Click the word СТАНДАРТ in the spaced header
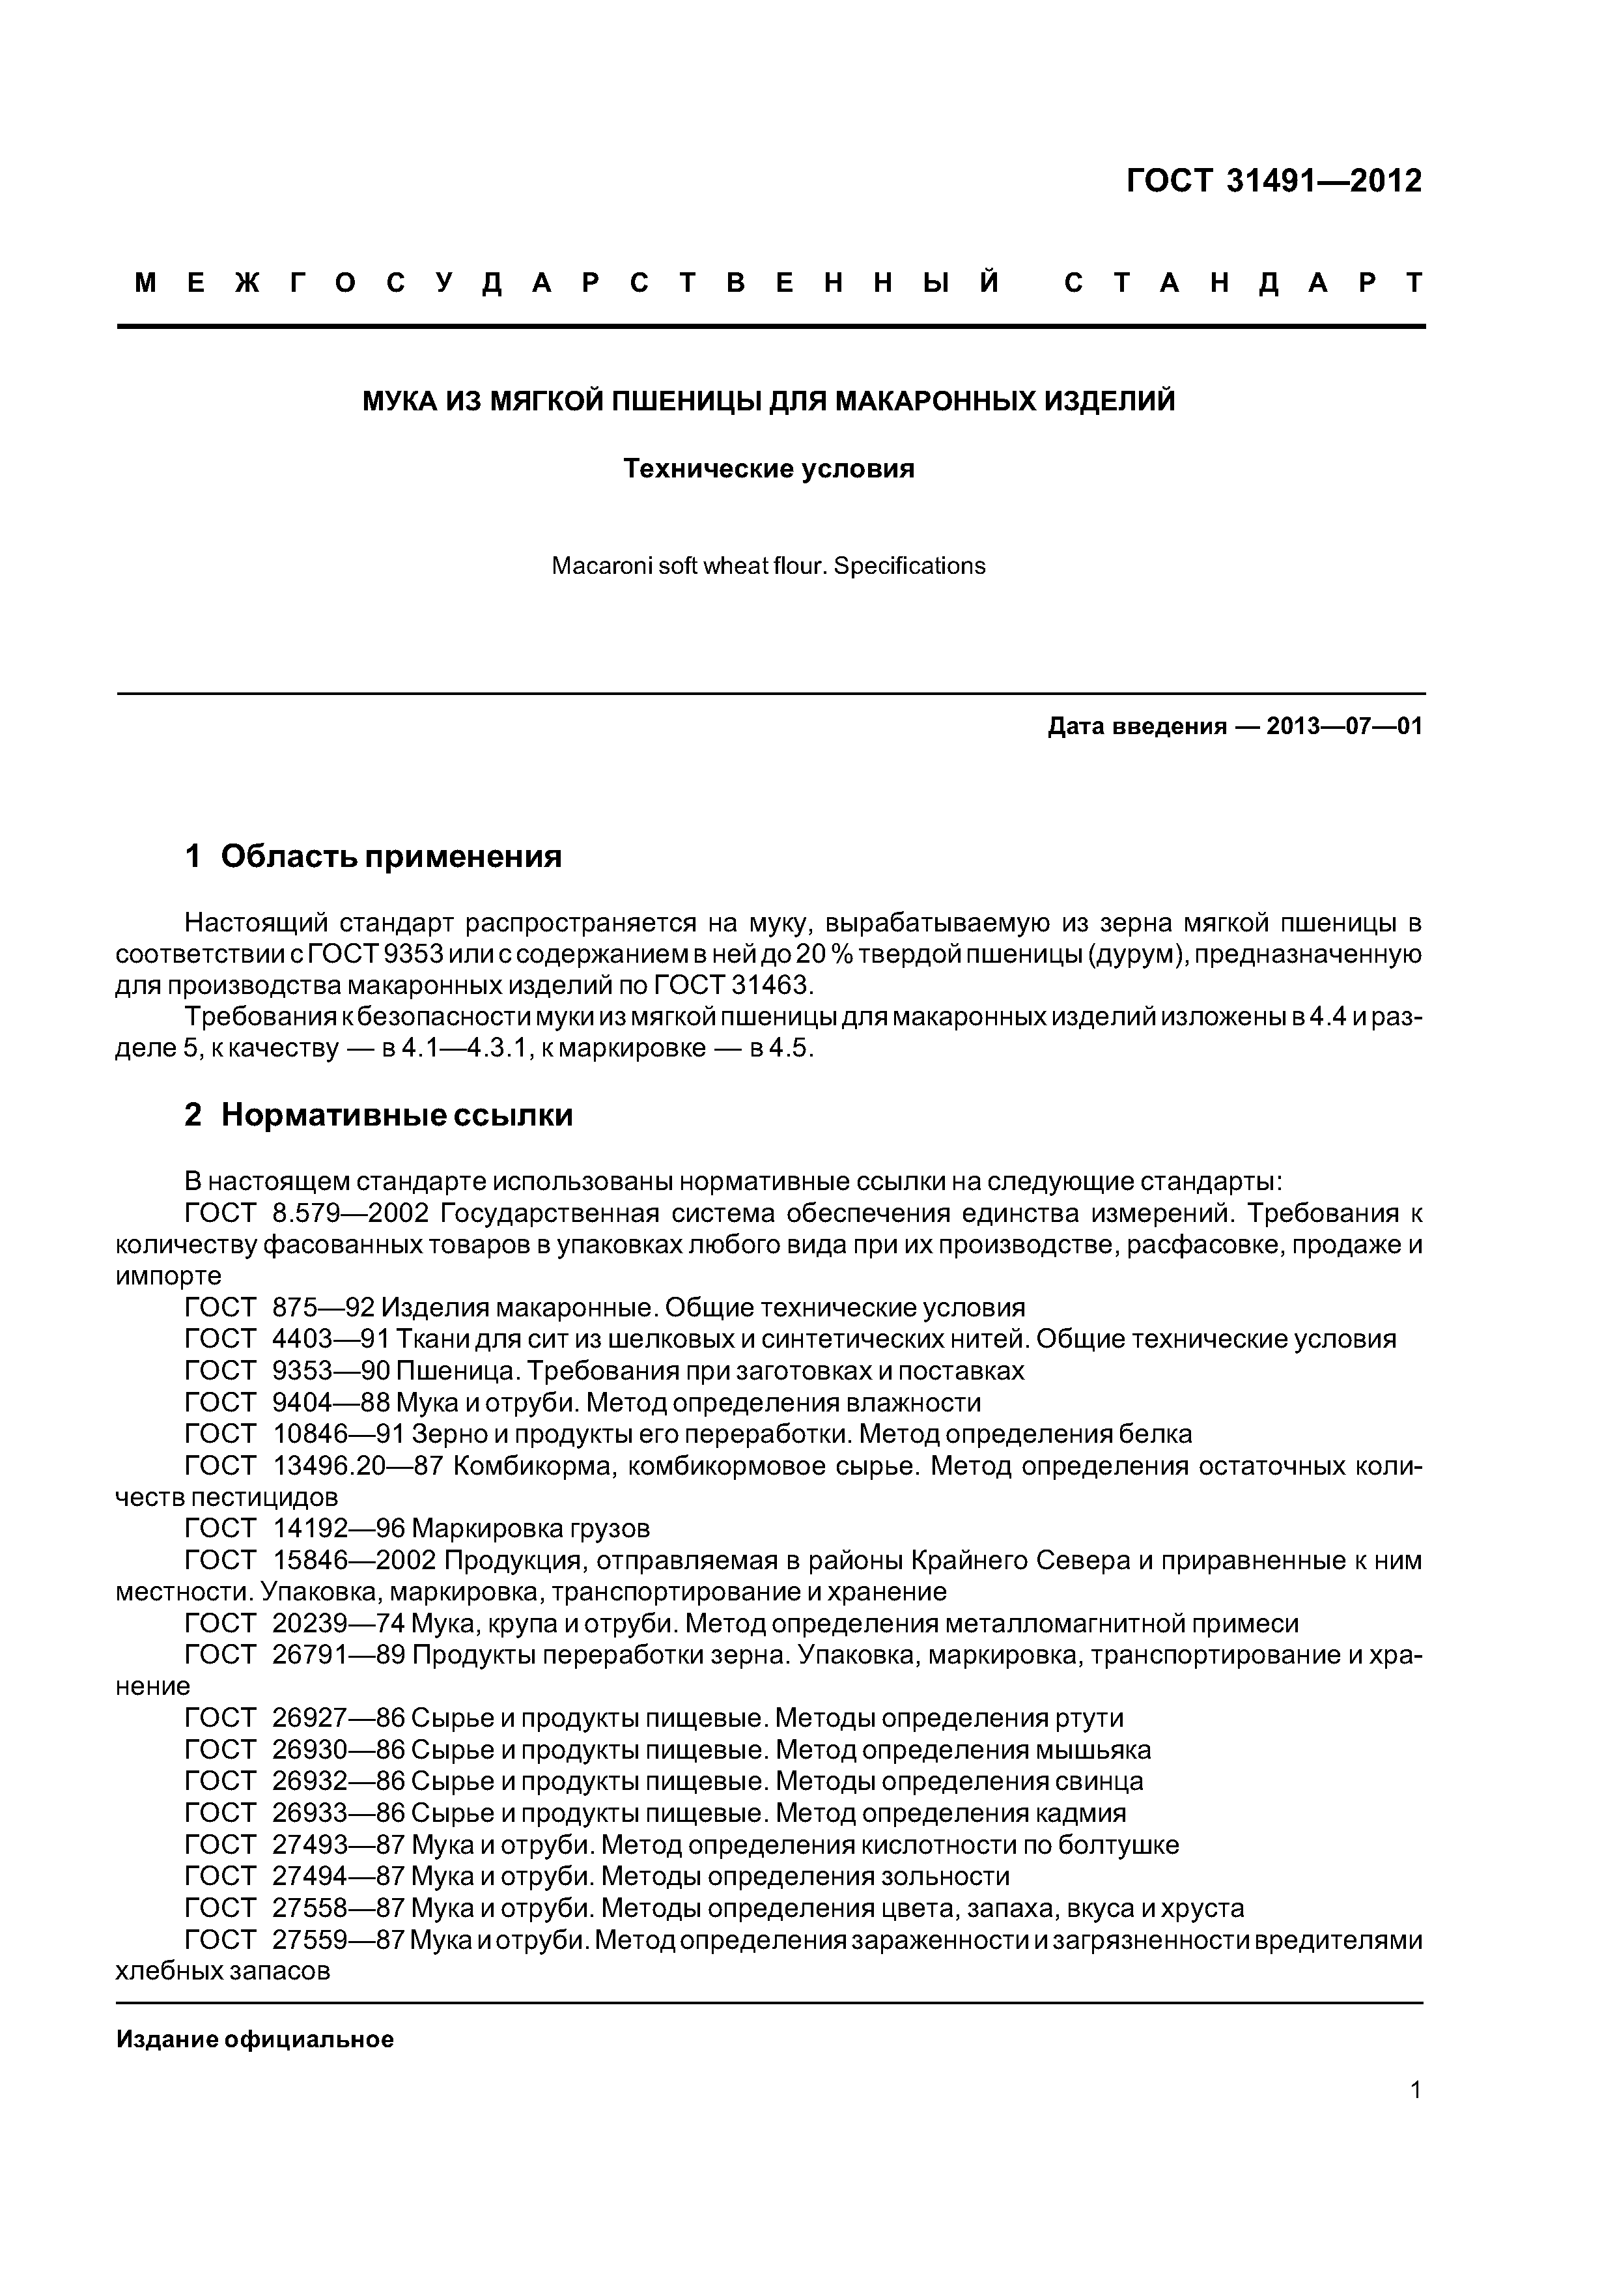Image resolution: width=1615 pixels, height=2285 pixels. (1244, 283)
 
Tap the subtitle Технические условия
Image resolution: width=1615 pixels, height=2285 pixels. (768, 469)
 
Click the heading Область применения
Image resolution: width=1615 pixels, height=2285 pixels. (391, 856)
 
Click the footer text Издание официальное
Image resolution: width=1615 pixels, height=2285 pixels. (255, 2039)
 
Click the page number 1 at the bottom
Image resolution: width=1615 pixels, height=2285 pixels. (1415, 2117)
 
